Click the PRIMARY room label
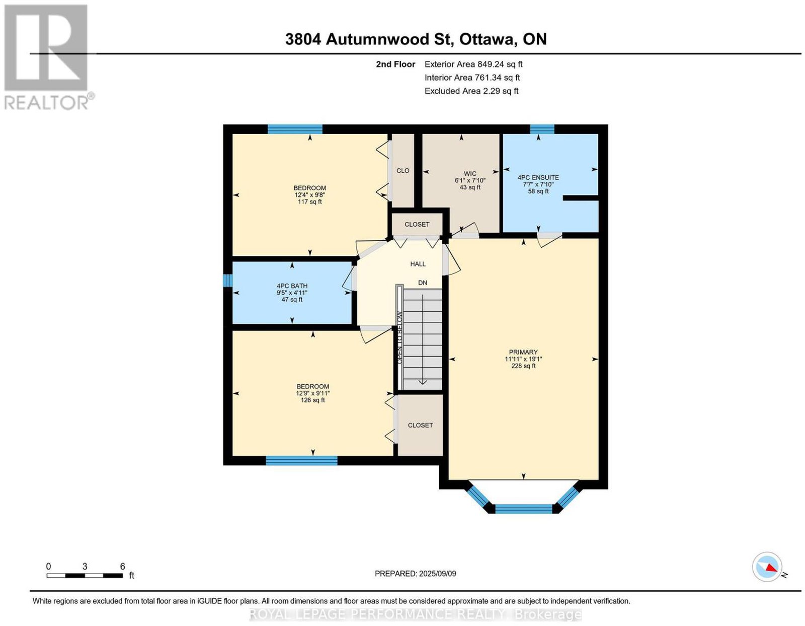(523, 352)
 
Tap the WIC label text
(470, 173)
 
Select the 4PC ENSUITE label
(538, 178)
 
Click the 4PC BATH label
(292, 286)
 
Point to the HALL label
(418, 264)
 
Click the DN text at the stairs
(422, 283)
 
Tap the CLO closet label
(403, 171)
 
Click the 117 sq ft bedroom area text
(310, 201)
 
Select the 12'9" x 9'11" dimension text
(312, 393)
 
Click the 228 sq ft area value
(523, 366)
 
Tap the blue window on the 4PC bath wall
(227, 280)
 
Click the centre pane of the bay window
(524, 509)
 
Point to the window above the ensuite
(541, 128)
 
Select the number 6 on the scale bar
(122, 566)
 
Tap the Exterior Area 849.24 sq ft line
(473, 64)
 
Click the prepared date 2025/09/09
(437, 573)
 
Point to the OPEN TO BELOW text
(399, 337)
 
